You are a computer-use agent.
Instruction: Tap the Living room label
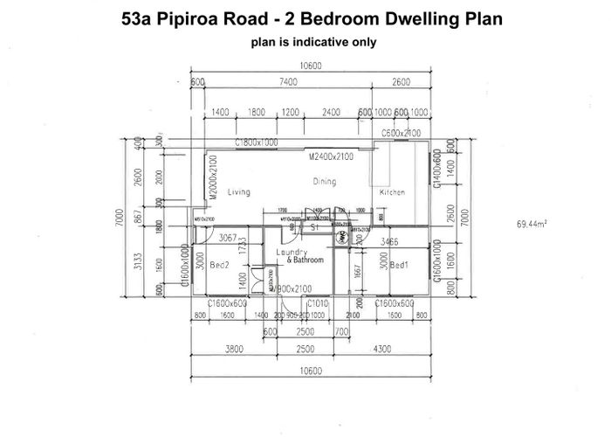[x=238, y=191]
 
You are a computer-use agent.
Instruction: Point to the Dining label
[x=325, y=182]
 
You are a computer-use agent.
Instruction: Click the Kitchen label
[x=392, y=192]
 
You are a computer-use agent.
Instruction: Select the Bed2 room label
[x=218, y=265]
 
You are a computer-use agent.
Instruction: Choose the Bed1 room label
[x=400, y=265]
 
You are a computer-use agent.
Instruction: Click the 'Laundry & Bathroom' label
[x=299, y=256]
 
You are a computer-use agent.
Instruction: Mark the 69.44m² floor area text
[x=532, y=225]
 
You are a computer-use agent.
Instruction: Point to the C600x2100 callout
[x=402, y=133]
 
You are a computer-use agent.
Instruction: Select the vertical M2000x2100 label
[x=212, y=180]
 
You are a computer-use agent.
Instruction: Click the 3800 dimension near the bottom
[x=234, y=350]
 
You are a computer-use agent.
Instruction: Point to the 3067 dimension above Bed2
[x=229, y=238]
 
